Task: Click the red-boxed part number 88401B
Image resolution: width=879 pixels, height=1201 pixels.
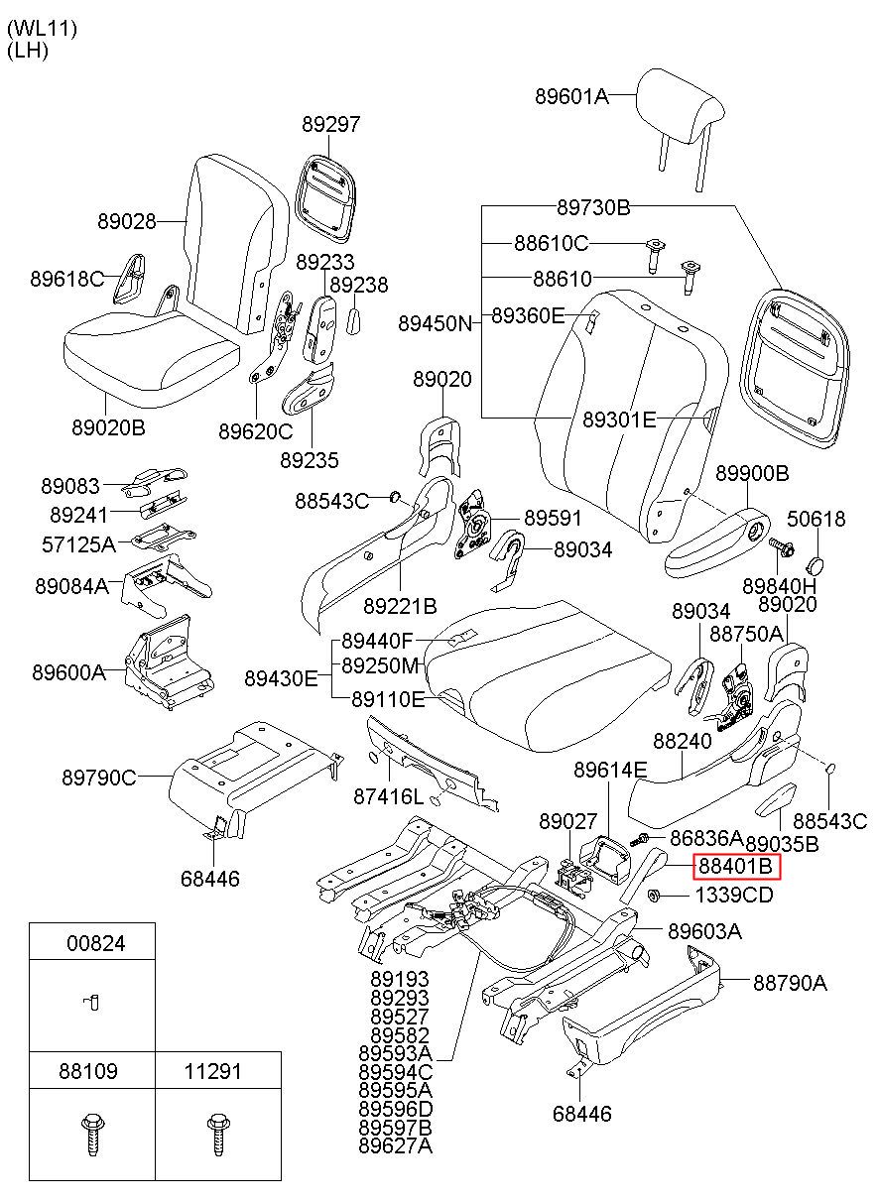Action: [x=735, y=867]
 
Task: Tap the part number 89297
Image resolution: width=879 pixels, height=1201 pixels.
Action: [x=330, y=124]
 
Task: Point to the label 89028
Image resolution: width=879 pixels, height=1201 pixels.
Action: [x=127, y=221]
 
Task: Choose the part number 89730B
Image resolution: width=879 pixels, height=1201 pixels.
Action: [x=593, y=207]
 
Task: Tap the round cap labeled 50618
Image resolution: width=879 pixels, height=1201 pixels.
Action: [x=816, y=564]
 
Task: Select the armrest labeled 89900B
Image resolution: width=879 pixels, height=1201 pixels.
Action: [x=717, y=544]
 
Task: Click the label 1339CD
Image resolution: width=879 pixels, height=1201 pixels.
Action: [x=734, y=895]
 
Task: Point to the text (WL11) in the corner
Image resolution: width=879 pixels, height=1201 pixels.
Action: [x=43, y=29]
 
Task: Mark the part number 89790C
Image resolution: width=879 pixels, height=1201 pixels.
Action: [x=99, y=777]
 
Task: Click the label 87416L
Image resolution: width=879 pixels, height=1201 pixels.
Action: [x=388, y=796]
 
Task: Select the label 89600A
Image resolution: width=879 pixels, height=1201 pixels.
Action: [x=69, y=671]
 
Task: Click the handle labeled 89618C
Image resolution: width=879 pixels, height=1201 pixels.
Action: [x=129, y=280]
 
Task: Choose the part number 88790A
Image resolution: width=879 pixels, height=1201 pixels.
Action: [x=790, y=983]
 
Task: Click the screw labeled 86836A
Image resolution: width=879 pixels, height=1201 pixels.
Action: [x=640, y=839]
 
